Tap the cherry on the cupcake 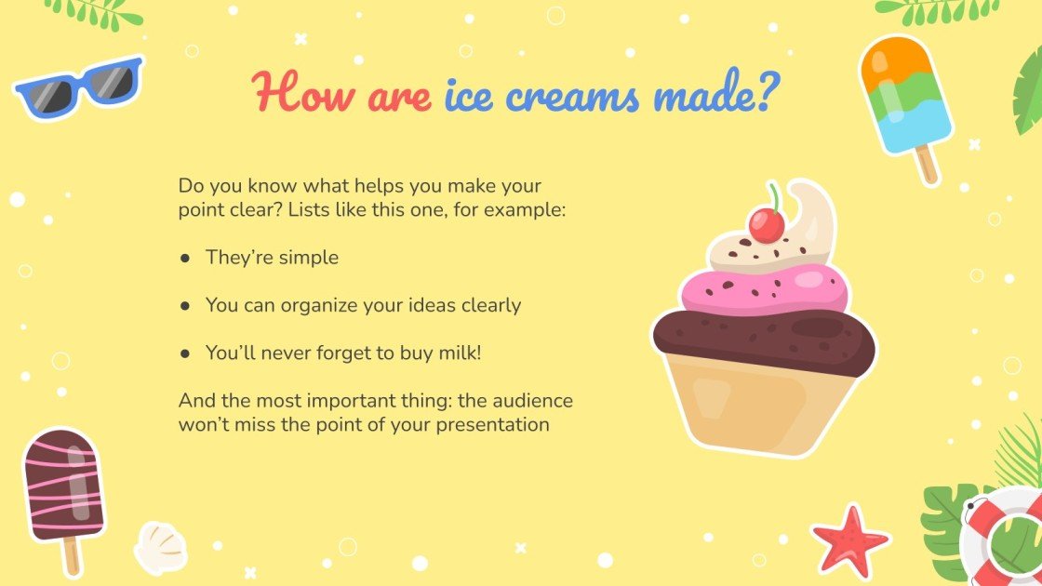(x=767, y=224)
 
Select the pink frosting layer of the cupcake (x=763, y=290)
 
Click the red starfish (x=848, y=539)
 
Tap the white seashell (x=161, y=546)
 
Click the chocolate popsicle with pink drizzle (x=62, y=484)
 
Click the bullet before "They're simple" (x=185, y=258)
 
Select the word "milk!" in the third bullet (x=459, y=353)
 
